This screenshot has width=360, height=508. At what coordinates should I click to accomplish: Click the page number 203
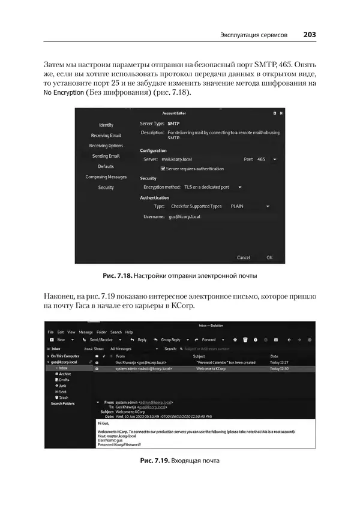(310, 35)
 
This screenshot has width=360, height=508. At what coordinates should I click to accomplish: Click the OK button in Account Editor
(269, 257)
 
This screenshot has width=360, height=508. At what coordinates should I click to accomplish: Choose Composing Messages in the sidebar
(106, 177)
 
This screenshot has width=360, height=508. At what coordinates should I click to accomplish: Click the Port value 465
(261, 160)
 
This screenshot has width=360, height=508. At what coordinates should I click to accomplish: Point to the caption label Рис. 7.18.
(116, 276)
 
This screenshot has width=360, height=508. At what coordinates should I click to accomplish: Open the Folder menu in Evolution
(101, 332)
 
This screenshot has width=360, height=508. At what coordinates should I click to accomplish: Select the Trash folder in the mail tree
(64, 398)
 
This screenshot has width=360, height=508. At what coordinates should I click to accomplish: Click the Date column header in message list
(274, 356)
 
